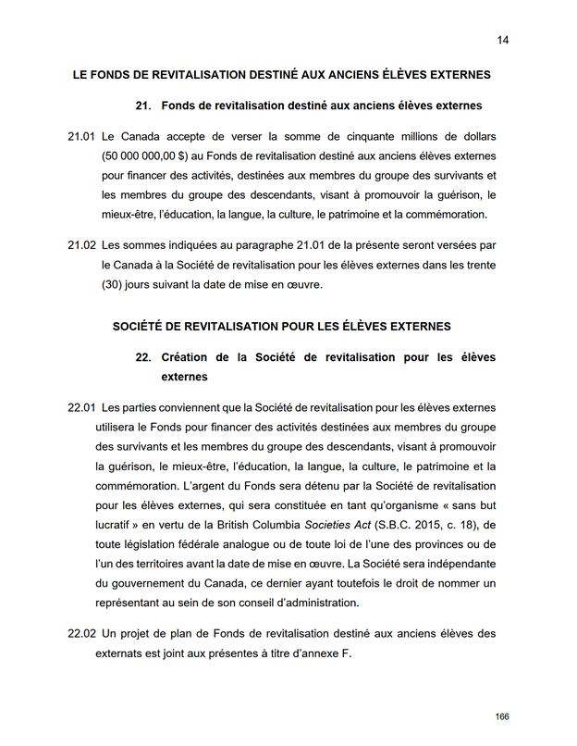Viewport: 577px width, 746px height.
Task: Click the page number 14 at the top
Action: [x=503, y=40]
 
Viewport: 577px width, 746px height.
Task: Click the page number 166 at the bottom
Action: [x=502, y=717]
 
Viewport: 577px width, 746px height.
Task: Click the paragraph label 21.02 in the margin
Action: [x=81, y=245]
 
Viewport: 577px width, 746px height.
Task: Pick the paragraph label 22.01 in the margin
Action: [x=81, y=407]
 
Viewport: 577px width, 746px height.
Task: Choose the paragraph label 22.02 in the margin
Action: [x=81, y=634]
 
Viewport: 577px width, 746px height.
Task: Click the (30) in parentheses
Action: [x=113, y=284]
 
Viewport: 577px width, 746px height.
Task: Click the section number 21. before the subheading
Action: [x=143, y=106]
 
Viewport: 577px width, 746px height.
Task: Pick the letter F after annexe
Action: [x=349, y=653]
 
